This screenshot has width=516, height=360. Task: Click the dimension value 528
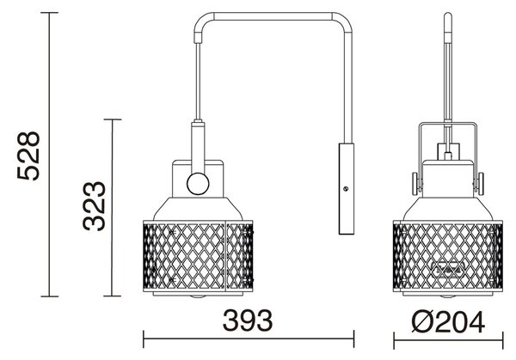click(28, 156)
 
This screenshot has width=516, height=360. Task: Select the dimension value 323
click(94, 206)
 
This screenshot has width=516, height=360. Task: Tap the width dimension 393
click(248, 320)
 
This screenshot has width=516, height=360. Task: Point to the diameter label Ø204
click(448, 322)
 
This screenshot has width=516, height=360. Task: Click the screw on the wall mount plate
click(346, 189)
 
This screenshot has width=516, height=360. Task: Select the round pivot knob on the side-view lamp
click(198, 184)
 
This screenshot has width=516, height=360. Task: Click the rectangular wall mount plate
click(347, 189)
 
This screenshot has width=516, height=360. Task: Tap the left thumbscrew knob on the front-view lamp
click(415, 184)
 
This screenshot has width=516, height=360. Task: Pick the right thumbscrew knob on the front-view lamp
click(480, 184)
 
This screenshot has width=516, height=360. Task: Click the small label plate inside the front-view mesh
click(448, 268)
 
